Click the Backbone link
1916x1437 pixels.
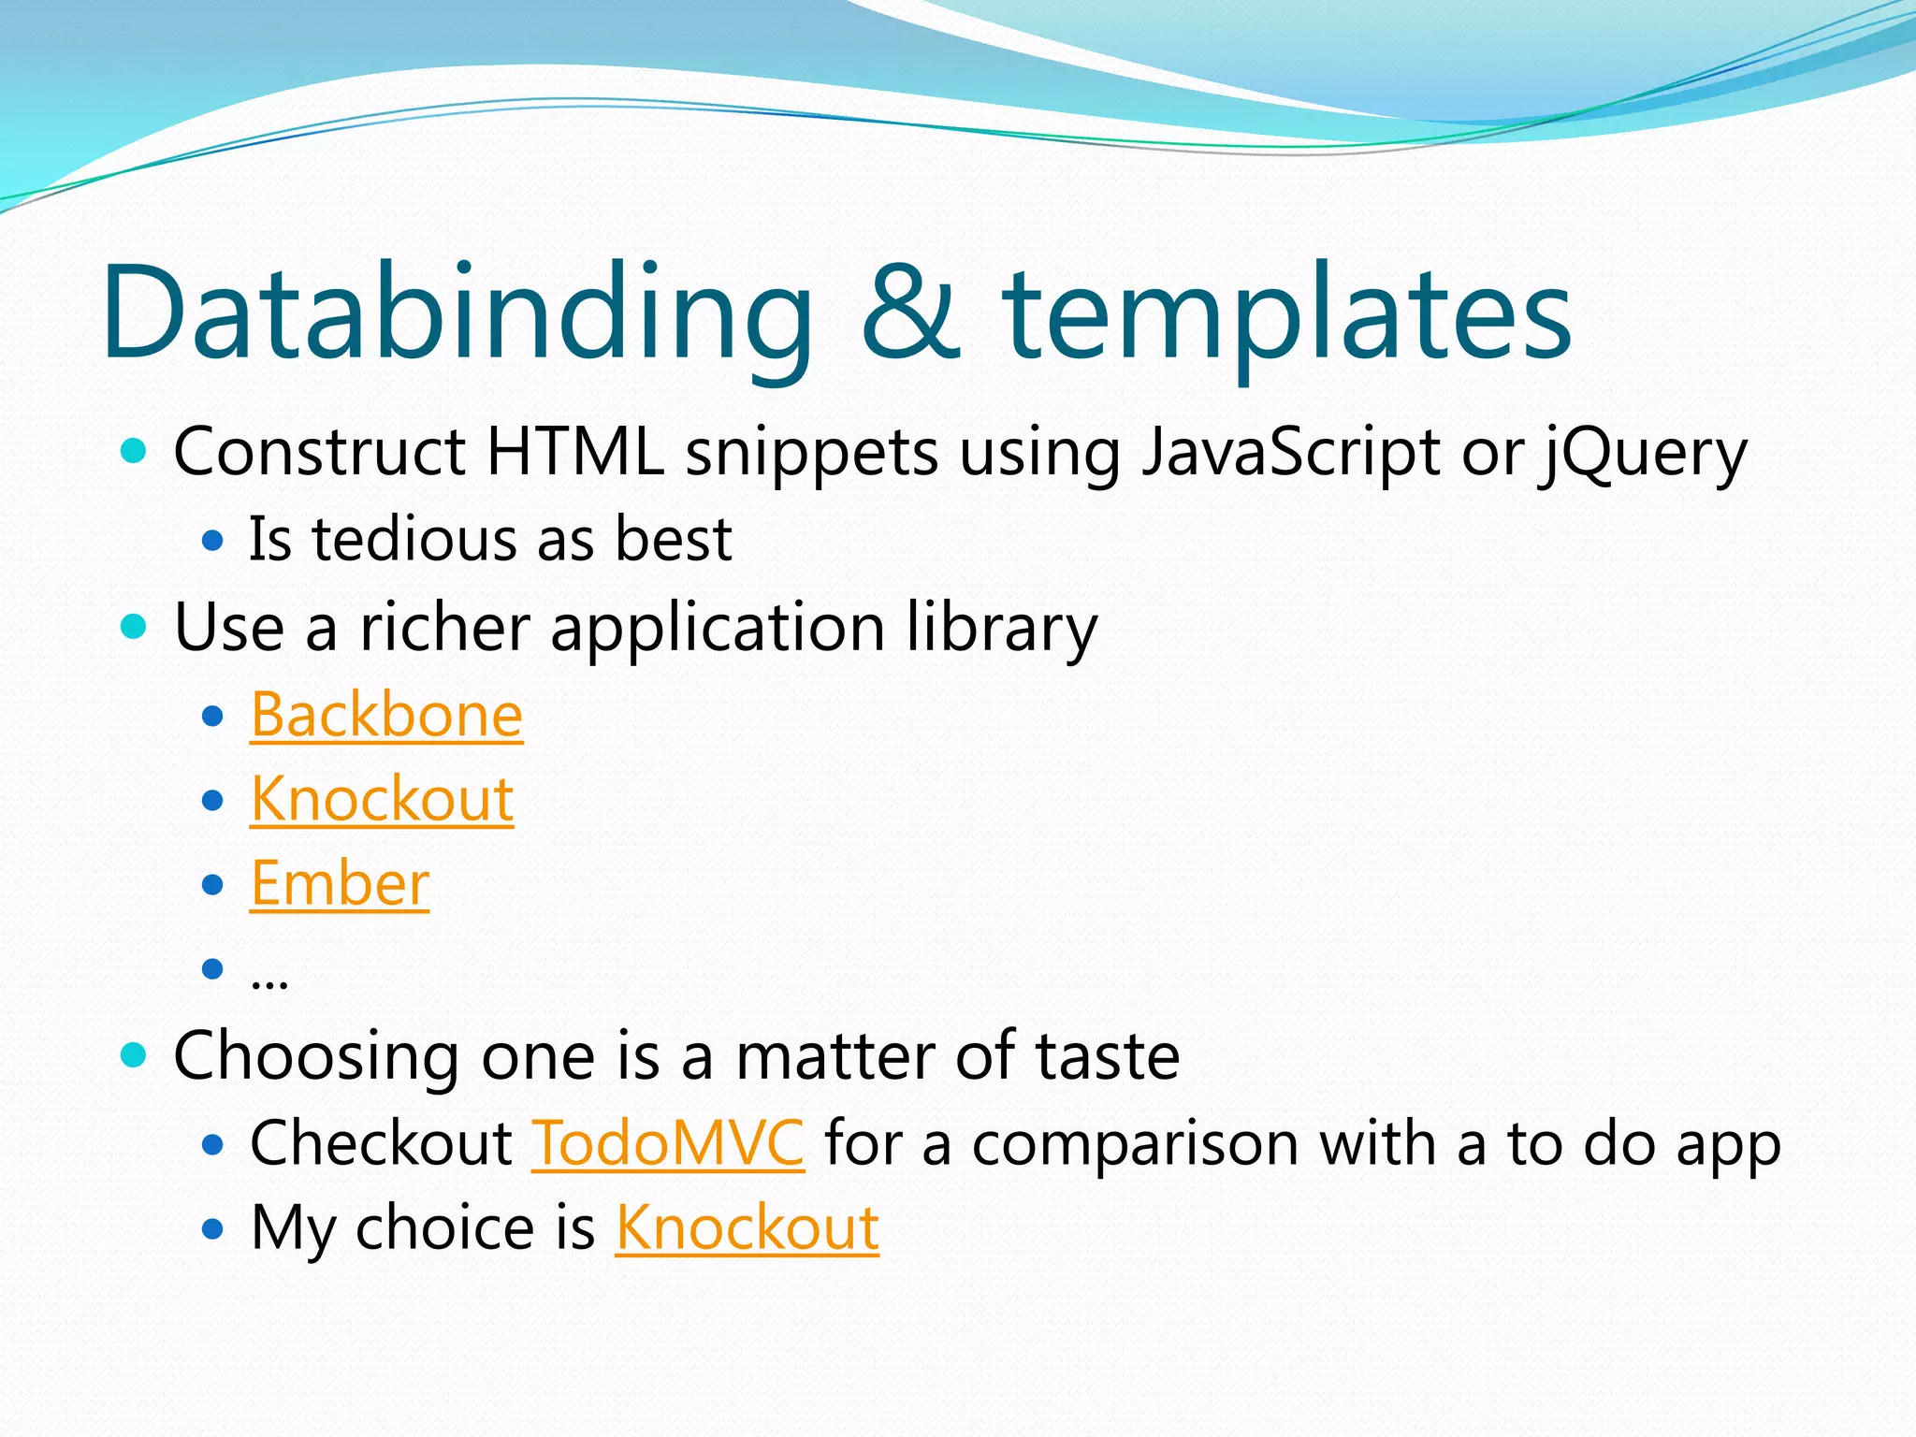[386, 716]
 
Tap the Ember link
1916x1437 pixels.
[340, 884]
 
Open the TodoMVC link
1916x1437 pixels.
[667, 1143]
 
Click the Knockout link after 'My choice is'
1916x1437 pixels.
[747, 1227]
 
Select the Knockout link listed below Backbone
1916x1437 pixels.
[382, 800]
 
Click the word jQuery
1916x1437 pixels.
[1644, 454]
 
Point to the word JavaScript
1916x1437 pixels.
[1291, 454]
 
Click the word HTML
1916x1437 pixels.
[575, 452]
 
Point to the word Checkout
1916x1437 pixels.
[381, 1143]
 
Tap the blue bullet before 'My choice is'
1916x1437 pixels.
[213, 1228]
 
